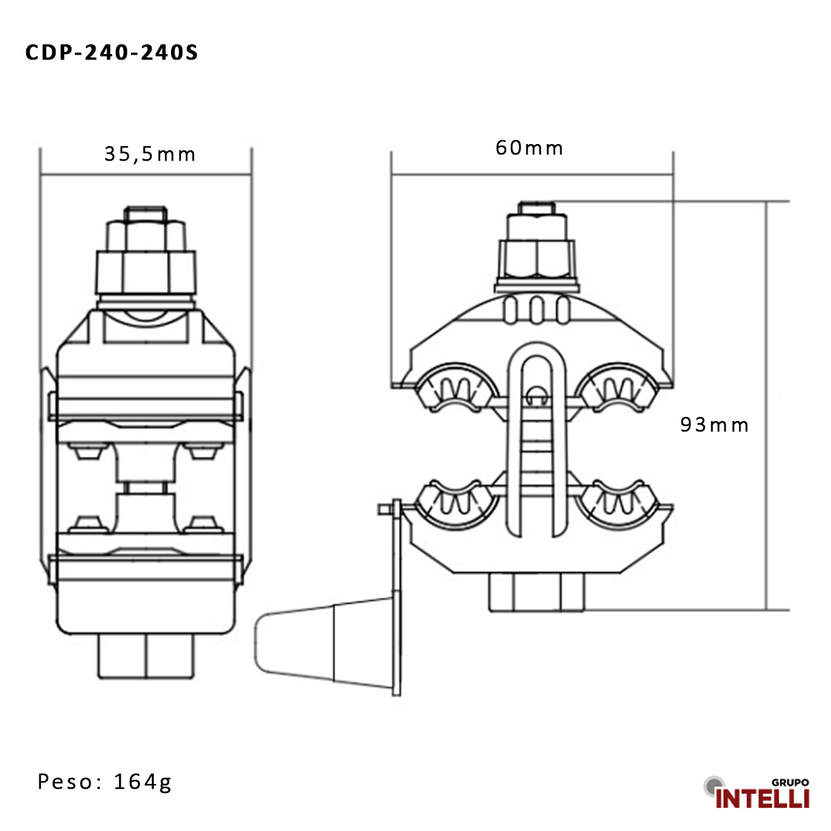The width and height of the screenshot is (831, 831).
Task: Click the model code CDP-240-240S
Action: (x=111, y=53)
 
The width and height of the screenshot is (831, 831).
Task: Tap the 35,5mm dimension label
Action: (x=150, y=154)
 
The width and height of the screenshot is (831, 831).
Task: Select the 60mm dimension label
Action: (x=530, y=148)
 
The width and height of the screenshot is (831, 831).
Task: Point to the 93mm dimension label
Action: (x=715, y=425)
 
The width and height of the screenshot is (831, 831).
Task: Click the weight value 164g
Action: (x=143, y=782)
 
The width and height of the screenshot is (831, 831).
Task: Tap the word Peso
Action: (x=66, y=782)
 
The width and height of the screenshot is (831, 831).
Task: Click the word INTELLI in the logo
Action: (x=762, y=798)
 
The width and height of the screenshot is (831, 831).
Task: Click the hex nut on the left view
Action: (x=146, y=272)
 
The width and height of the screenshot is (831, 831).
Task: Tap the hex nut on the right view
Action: (x=537, y=259)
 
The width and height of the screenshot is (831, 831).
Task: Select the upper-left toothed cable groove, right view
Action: (x=456, y=388)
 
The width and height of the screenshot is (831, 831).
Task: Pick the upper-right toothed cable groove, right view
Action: (x=618, y=388)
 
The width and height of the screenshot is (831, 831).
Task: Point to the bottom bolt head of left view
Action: (x=146, y=655)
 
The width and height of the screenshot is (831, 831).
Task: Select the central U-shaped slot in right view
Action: (x=537, y=443)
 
